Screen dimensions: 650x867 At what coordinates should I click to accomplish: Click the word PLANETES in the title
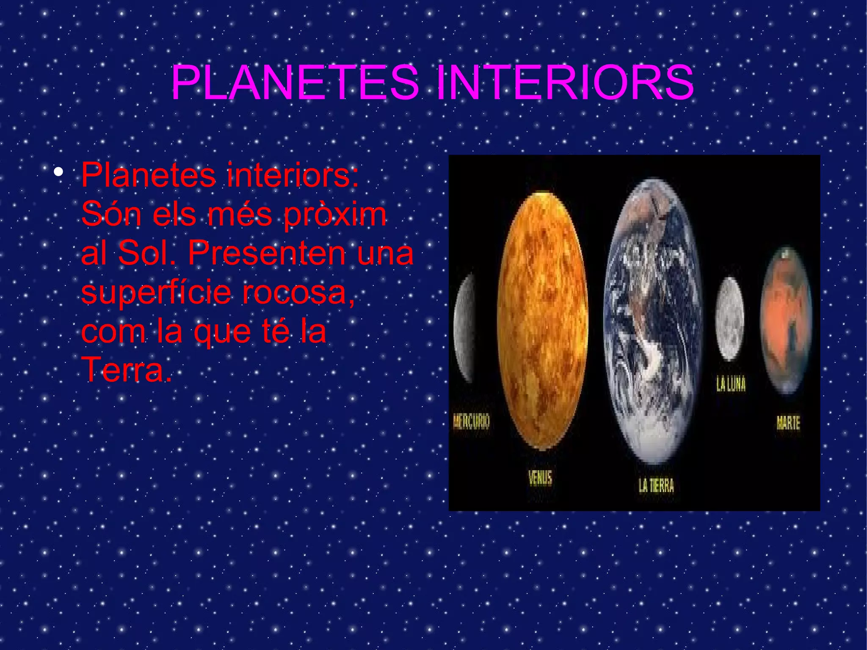pyautogui.click(x=295, y=83)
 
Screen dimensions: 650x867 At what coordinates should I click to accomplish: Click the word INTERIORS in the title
pyautogui.click(x=565, y=83)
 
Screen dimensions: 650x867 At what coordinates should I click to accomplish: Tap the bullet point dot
pyautogui.click(x=58, y=172)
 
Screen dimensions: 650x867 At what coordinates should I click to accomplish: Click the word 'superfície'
pyautogui.click(x=156, y=293)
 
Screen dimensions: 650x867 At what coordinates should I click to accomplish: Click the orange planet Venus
pyautogui.click(x=543, y=320)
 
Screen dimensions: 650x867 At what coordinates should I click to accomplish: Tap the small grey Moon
pyautogui.click(x=729, y=318)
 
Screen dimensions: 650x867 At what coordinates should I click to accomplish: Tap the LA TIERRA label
pyautogui.click(x=656, y=485)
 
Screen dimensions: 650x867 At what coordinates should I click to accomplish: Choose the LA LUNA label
pyautogui.click(x=731, y=384)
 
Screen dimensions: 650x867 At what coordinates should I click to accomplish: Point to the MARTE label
pyautogui.click(x=788, y=423)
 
